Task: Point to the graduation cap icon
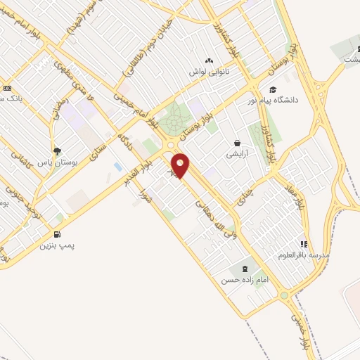point(272,89)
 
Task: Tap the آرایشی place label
point(236,153)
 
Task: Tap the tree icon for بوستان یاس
point(58,150)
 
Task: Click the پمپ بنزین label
point(57,246)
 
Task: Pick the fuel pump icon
point(57,235)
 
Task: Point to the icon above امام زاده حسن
point(245,269)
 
